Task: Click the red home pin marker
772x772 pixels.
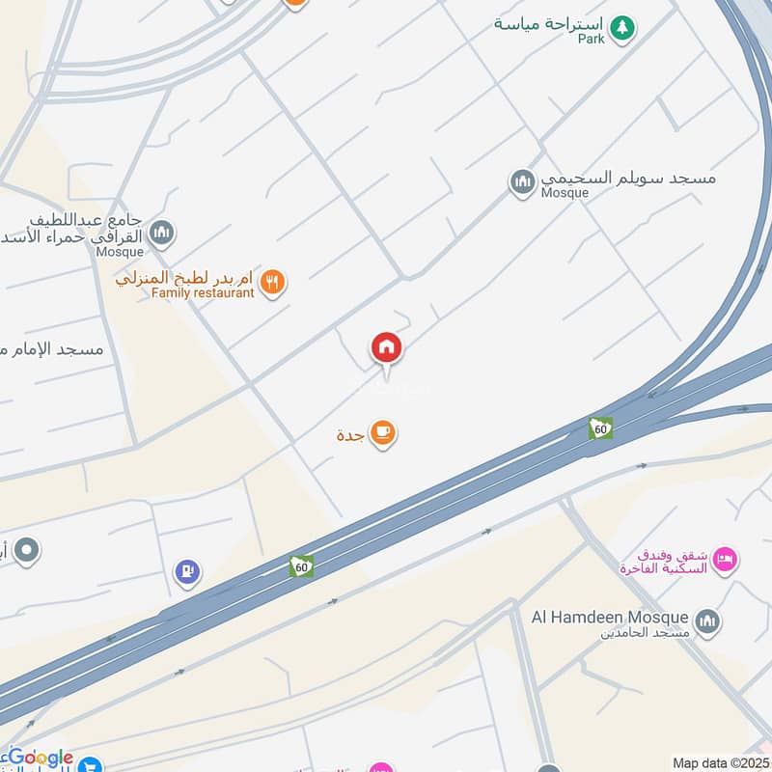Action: [x=387, y=347]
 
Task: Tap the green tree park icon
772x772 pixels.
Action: [x=623, y=27]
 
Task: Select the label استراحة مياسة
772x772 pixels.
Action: [x=548, y=23]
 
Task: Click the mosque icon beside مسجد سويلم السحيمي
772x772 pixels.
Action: [x=523, y=181]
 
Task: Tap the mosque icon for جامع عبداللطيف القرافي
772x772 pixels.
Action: [x=162, y=233]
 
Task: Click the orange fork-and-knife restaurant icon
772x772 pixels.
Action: [x=273, y=282]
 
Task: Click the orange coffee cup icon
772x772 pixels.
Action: [x=383, y=433]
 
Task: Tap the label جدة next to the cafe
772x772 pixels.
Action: [x=349, y=434]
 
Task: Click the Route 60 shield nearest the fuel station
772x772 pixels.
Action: [x=301, y=566]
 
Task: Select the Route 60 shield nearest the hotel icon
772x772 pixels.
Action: [x=600, y=427]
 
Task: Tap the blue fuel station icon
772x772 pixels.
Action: [x=186, y=572]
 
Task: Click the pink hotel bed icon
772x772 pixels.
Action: [x=726, y=557]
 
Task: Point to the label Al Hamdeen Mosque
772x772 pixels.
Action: [x=610, y=617]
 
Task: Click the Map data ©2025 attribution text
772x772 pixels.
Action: [x=719, y=763]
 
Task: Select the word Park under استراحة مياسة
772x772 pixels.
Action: [x=592, y=39]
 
